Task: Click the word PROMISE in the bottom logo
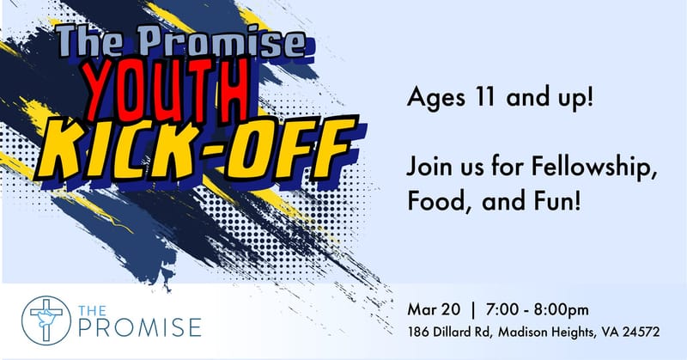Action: pyautogui.click(x=141, y=326)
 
